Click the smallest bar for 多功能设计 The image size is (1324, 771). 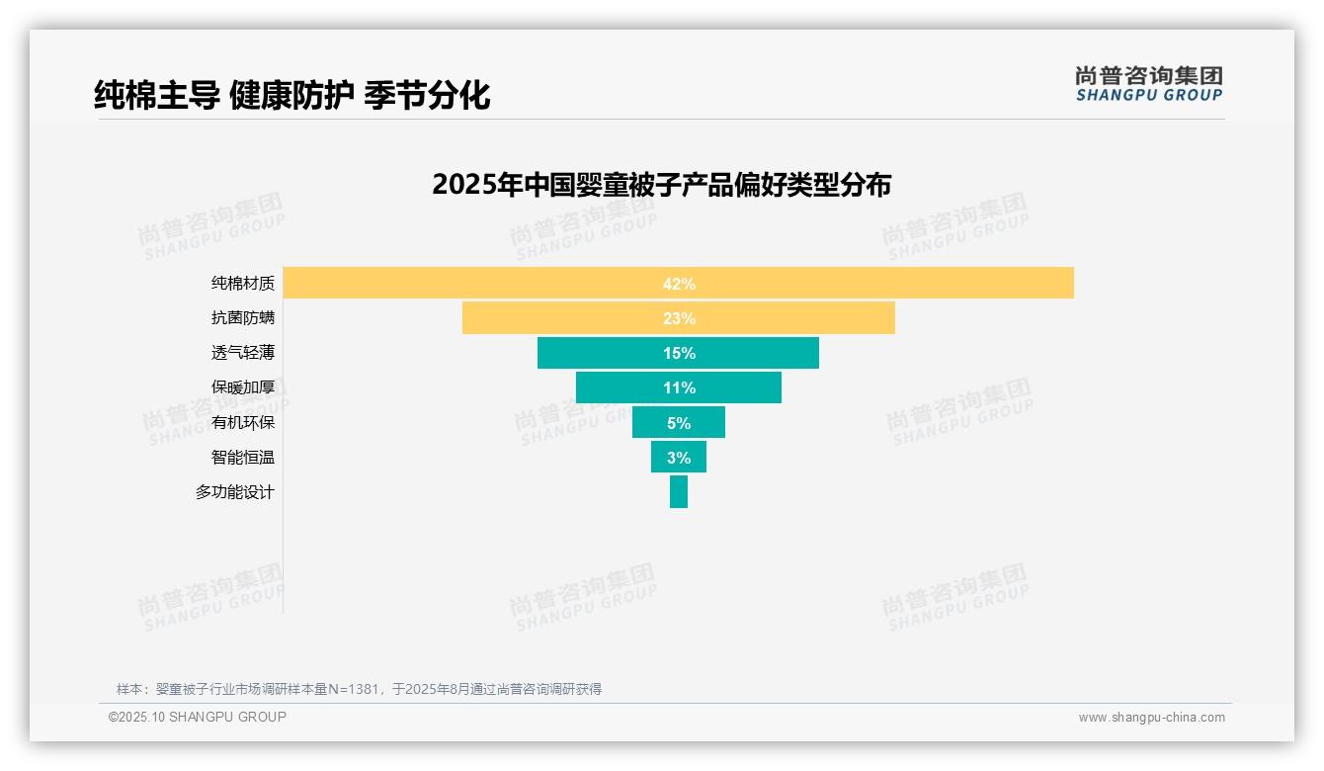tap(679, 492)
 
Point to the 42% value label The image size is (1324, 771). tap(679, 284)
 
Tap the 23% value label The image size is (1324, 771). tap(679, 318)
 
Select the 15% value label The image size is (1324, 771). tap(679, 353)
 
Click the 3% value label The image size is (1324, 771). tap(679, 458)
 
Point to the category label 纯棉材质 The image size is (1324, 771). tap(243, 284)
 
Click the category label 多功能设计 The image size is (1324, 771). tap(235, 492)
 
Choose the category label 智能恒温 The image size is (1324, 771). tap(243, 458)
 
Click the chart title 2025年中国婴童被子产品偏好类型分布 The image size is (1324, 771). tap(661, 185)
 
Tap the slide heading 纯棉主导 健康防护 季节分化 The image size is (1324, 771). tap(292, 96)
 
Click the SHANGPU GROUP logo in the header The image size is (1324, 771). tap(1149, 84)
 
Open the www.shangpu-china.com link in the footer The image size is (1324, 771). tap(1151, 718)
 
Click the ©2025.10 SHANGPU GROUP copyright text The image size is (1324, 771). tap(198, 717)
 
